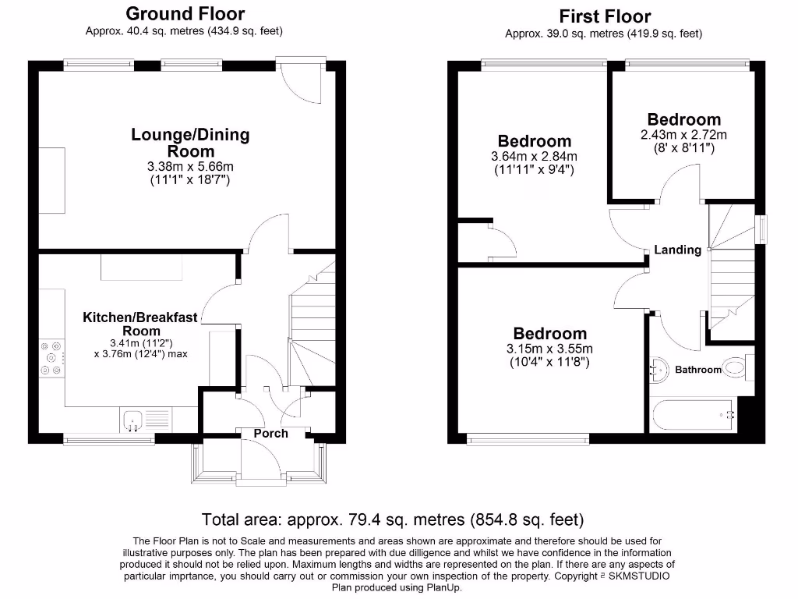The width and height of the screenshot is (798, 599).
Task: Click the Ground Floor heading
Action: point(185,14)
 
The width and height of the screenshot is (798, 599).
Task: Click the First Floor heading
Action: point(605,16)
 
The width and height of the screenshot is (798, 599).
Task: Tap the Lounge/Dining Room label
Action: point(190,143)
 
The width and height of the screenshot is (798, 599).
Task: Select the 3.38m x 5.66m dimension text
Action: point(190,166)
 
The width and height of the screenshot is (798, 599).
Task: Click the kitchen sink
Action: point(131,420)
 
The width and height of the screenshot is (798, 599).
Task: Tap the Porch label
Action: point(270,434)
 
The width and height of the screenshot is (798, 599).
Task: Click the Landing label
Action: point(677,250)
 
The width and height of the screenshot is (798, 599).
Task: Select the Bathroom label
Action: point(698,369)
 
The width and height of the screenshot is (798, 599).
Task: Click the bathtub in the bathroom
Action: point(694,415)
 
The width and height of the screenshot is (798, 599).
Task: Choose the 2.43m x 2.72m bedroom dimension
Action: point(683,134)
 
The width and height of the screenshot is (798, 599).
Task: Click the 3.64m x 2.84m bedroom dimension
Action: point(534,156)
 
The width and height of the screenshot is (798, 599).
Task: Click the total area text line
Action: point(393,519)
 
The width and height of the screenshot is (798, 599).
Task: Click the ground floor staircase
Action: point(312,328)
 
